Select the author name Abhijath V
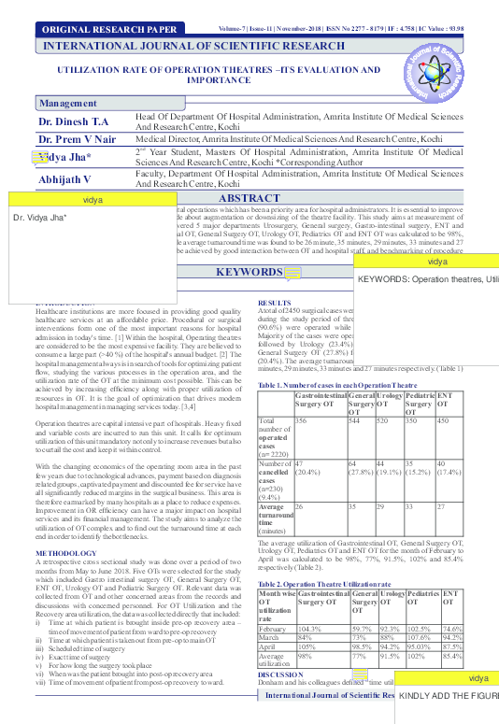point(64,178)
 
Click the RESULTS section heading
point(274,304)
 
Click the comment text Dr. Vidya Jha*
point(40,217)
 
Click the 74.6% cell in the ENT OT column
point(451,603)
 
